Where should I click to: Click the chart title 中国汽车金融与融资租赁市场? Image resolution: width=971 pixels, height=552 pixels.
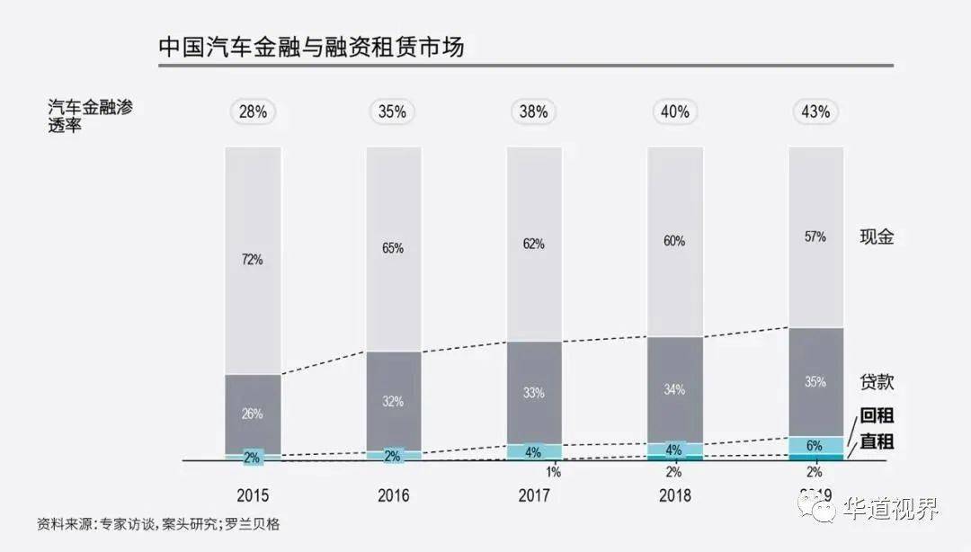point(311,47)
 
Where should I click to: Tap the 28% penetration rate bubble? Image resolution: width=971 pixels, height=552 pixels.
point(253,112)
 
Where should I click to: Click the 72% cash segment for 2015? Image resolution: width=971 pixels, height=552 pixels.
point(253,260)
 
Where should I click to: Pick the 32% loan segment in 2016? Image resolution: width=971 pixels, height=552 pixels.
point(393,401)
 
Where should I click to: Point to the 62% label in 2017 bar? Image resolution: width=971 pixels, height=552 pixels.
point(534,243)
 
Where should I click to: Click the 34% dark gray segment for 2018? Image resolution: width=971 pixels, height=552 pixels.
point(674,389)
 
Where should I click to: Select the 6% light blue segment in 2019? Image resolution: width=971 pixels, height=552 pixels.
point(815,445)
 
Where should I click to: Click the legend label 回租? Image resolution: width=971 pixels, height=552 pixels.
point(877,416)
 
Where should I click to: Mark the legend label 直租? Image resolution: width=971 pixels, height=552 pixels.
point(877,442)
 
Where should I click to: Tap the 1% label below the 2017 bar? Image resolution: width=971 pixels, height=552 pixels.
point(554,472)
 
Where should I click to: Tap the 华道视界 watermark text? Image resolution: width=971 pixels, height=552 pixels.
point(891,510)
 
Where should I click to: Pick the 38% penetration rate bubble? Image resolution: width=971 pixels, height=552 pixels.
point(534,112)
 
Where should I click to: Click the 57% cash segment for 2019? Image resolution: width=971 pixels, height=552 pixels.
point(815,236)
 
